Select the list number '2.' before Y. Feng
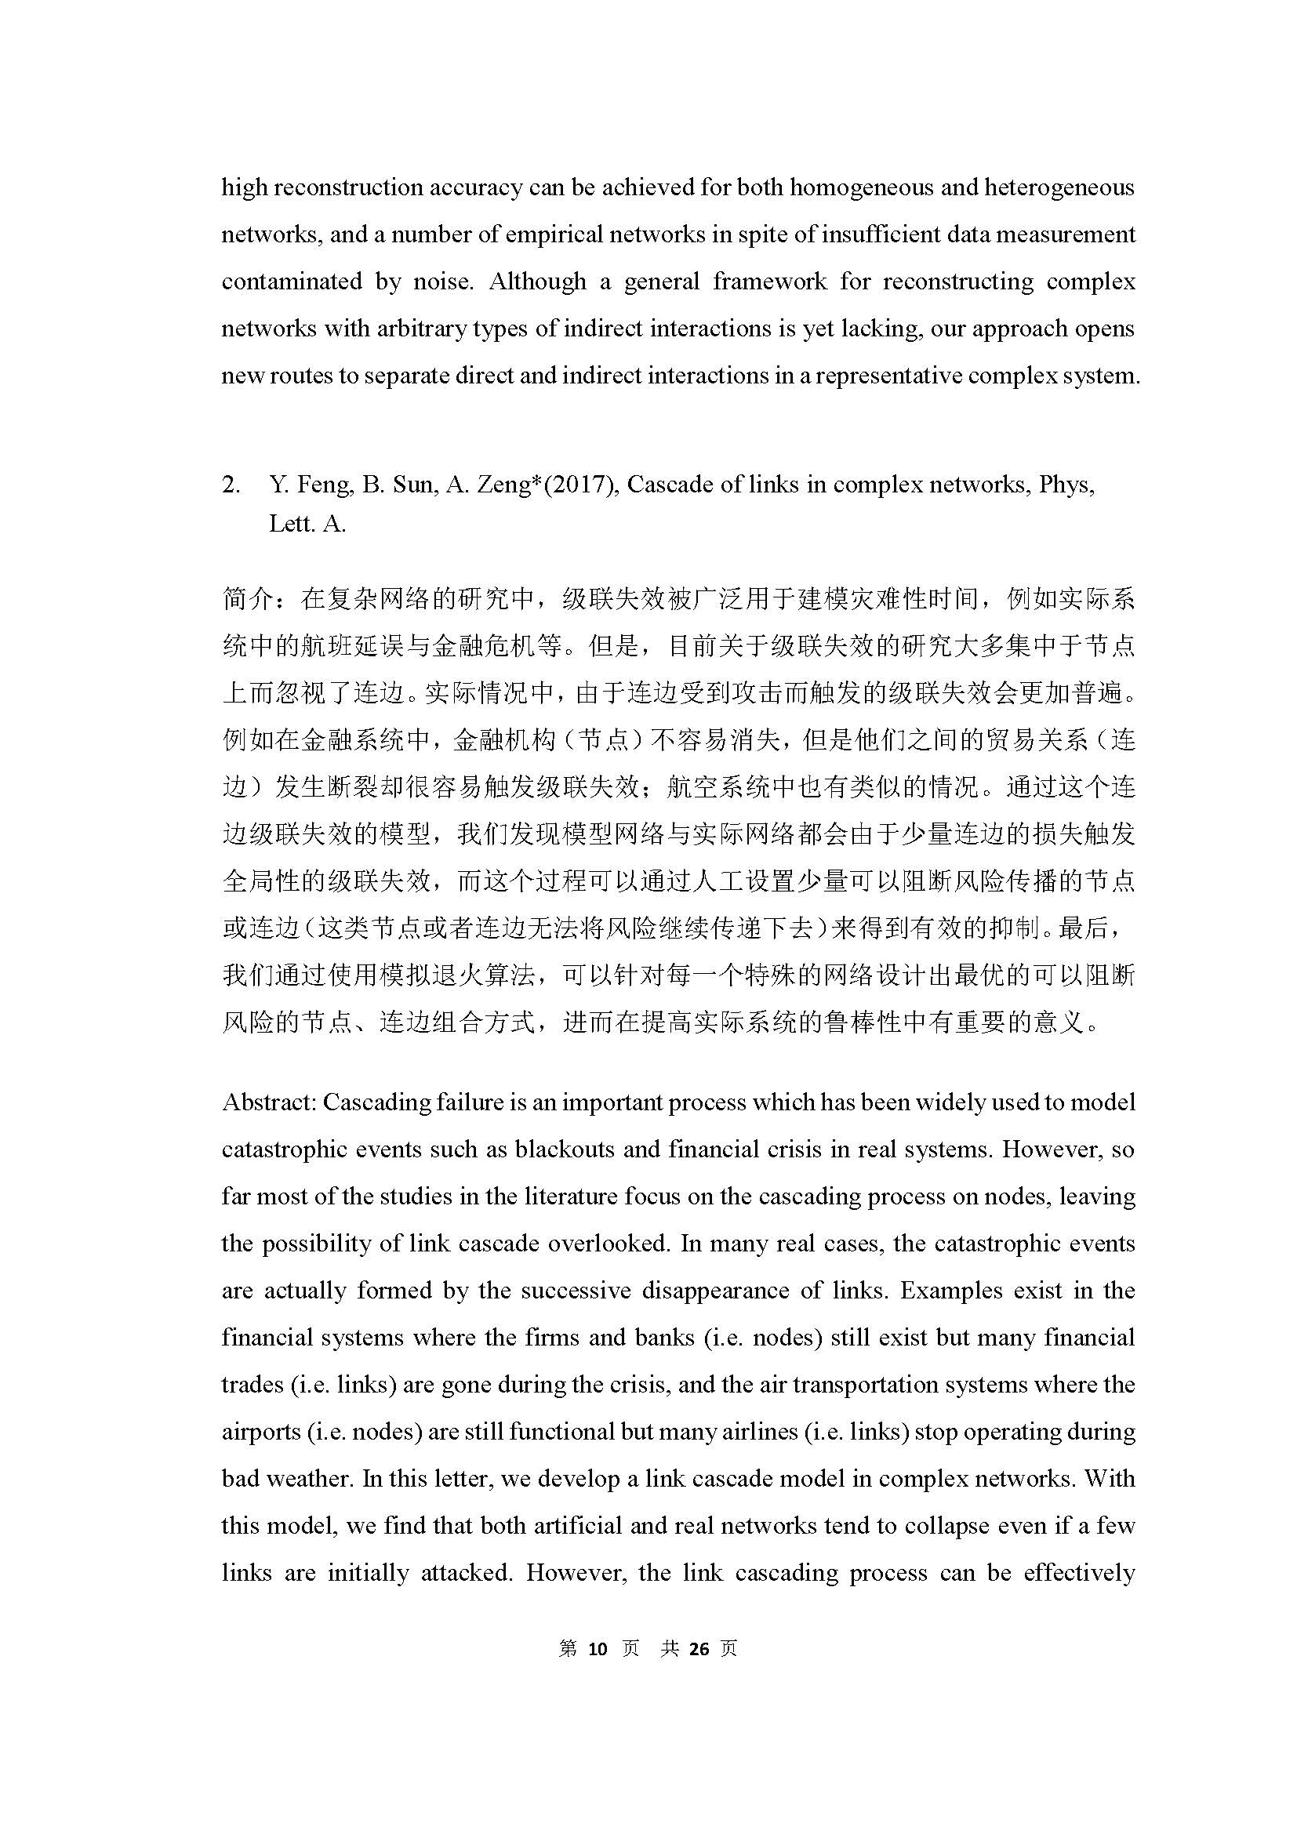(231, 485)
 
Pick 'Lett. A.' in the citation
(307, 524)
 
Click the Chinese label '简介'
(248, 598)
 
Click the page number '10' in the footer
(598, 1649)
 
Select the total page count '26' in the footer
(699, 1649)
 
